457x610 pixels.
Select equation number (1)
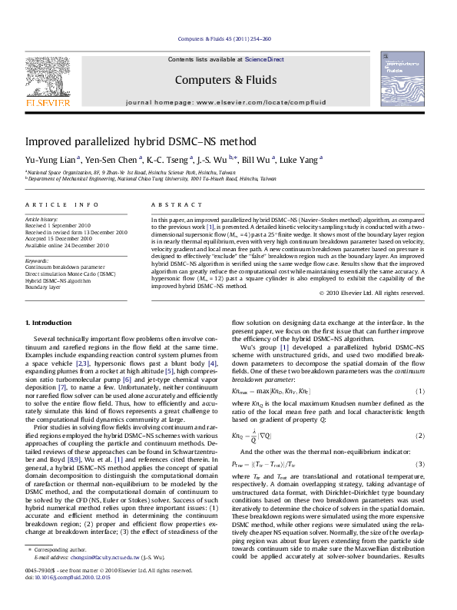[x=420, y=413]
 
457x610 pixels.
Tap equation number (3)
[x=420, y=486]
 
